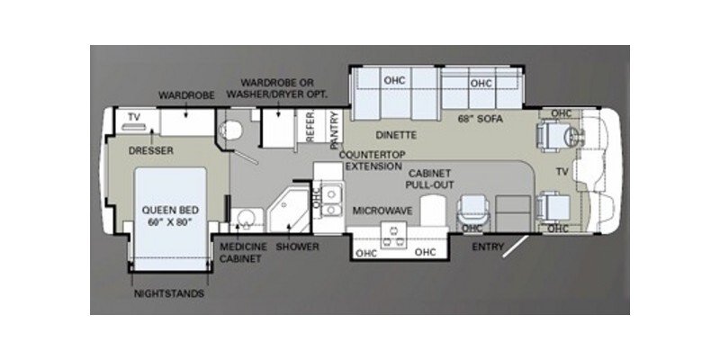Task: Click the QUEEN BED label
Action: [x=170, y=211]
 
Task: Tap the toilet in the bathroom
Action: [x=231, y=130]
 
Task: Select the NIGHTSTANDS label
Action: [x=169, y=294]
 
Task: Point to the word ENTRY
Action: [x=488, y=247]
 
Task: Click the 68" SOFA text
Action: [x=481, y=119]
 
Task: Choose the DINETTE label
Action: [x=396, y=135]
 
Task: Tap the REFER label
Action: [x=310, y=127]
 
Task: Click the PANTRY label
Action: [x=334, y=130]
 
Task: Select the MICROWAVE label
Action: [x=382, y=211]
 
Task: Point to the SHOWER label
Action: [x=297, y=247]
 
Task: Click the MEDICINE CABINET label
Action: [x=243, y=253]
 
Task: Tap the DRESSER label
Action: [x=151, y=150]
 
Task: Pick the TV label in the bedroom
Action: [x=133, y=117]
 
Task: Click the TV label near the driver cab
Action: [x=562, y=172]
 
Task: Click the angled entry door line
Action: [x=515, y=247]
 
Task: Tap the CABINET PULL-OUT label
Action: [x=430, y=179]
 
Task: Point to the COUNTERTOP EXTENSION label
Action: [x=373, y=160]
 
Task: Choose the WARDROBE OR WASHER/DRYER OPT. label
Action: [x=277, y=88]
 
